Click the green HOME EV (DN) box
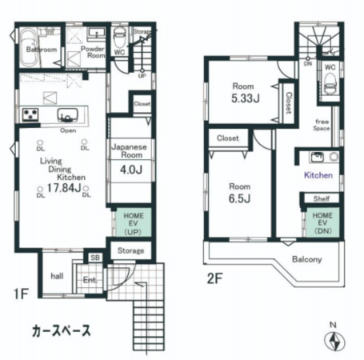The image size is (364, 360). tap(322, 222)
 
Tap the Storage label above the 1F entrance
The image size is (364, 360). tap(131, 250)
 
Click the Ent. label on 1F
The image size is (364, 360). tap(89, 281)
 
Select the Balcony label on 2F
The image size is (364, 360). tap(306, 259)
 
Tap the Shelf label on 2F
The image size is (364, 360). tap(322, 199)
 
